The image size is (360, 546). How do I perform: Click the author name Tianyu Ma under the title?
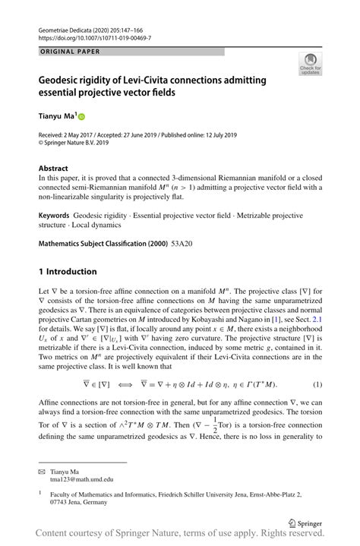pos(58,116)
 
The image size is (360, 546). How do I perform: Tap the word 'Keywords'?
pos(58,216)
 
